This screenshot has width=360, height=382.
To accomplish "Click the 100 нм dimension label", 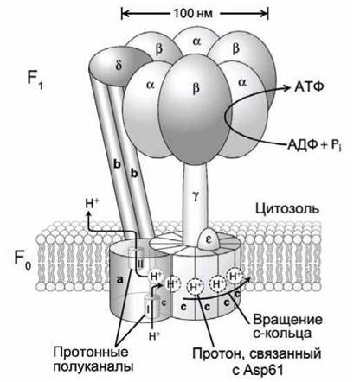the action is coord(193,13).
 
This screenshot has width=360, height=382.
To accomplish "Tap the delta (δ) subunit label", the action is coord(119,66).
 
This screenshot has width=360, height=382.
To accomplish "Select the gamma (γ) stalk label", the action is coord(196,198).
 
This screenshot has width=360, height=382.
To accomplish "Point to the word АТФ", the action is coord(309,87).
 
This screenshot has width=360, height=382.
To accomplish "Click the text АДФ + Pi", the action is coord(314,144).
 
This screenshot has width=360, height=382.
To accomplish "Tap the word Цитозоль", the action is coord(287,209).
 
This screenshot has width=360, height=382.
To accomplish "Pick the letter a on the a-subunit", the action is coord(120,278).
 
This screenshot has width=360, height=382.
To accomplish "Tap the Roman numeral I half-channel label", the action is coord(148,309).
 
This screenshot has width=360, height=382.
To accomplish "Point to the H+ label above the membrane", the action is coord(93,204).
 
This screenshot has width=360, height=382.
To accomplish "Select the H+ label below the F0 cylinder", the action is coord(155,335).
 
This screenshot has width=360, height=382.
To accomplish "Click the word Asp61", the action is coord(261,371).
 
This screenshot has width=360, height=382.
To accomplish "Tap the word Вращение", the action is coord(287,320).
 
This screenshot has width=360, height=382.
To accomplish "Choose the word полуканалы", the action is coord(93,366).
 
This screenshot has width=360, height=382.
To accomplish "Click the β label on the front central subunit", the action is coord(196,88).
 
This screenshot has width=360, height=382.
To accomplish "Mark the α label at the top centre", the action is coord(196,41).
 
